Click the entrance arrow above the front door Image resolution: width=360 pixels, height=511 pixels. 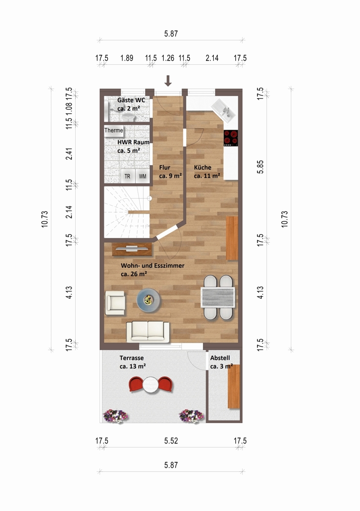point(168,81)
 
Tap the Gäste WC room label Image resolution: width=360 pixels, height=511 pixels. point(131,104)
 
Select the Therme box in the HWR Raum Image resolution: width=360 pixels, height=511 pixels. point(114,130)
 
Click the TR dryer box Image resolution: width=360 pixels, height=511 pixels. point(128,176)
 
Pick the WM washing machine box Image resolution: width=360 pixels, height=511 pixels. point(143,176)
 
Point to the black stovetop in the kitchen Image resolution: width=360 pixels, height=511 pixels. point(231,138)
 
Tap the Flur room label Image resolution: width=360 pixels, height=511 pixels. point(170,171)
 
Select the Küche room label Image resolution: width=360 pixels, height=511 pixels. point(207,171)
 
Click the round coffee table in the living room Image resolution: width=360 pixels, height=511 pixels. point(148,300)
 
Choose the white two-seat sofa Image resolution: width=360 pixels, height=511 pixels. point(148,332)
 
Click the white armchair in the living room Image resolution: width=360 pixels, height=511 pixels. point(115,303)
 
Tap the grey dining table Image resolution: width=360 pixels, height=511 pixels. point(218,297)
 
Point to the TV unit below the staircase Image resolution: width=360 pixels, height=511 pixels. point(132,249)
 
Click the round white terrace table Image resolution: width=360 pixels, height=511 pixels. point(151,385)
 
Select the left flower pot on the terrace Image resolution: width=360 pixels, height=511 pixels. point(115,416)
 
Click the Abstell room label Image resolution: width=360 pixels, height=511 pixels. point(221,362)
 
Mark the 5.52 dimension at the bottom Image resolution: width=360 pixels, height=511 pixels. point(171,441)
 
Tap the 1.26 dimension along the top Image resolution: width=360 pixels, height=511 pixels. point(168,58)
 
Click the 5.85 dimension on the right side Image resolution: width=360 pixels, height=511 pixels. point(260,167)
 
